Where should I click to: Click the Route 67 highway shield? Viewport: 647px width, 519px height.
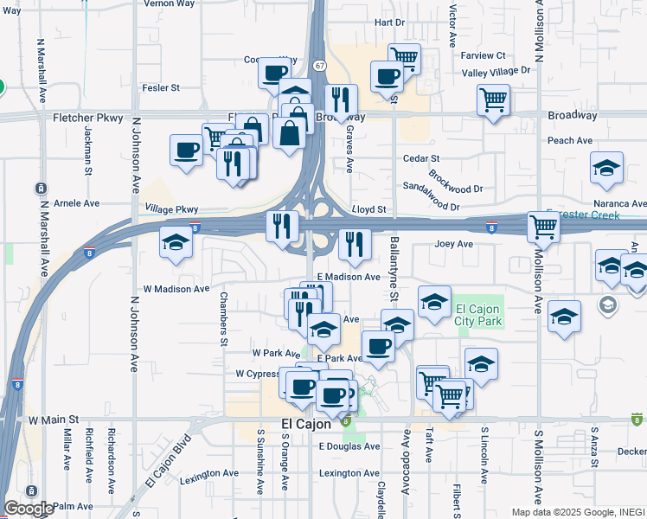(x=320, y=66)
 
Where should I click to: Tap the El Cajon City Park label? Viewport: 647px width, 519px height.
(x=478, y=316)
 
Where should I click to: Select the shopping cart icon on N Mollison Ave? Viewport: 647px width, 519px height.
(x=543, y=227)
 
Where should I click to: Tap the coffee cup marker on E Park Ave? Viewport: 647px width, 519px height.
(x=378, y=346)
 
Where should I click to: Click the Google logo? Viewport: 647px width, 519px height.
(x=29, y=509)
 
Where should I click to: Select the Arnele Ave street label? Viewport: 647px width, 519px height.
(x=77, y=203)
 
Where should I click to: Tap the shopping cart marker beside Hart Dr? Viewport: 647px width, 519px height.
(x=404, y=59)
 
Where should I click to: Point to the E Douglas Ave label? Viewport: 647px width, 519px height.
(x=349, y=446)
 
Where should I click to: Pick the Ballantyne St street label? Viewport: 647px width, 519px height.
(x=394, y=269)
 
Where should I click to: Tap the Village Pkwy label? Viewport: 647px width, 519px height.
(x=171, y=208)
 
